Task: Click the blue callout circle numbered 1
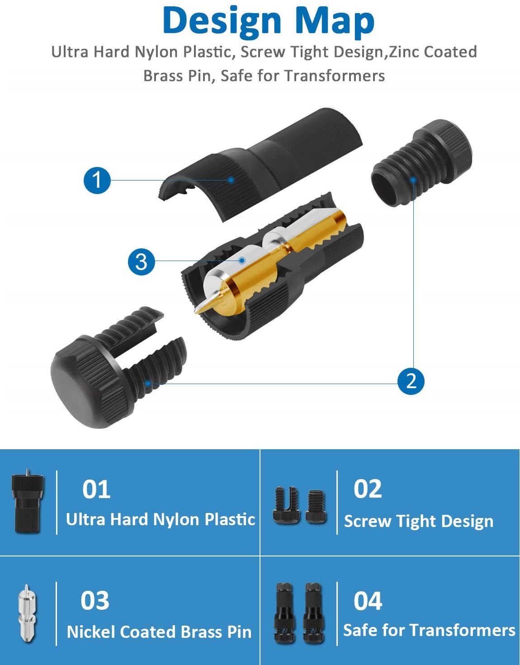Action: click(97, 180)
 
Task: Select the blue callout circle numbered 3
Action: click(142, 261)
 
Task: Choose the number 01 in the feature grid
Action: click(96, 489)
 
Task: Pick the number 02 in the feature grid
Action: click(368, 489)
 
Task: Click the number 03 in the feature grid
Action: click(95, 601)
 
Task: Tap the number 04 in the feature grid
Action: click(368, 601)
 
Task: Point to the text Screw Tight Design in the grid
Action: click(419, 521)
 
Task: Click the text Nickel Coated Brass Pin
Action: click(159, 632)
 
